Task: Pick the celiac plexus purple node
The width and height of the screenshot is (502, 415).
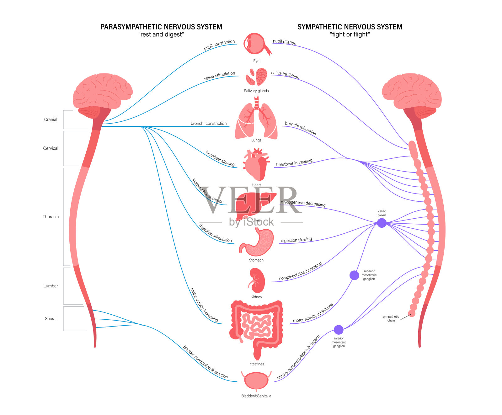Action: (382, 223)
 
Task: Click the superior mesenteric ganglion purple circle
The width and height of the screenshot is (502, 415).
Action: (354, 275)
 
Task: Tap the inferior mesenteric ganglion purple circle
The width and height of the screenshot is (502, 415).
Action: (339, 330)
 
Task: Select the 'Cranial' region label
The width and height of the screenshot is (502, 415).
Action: (51, 120)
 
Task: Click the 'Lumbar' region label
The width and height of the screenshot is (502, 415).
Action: (51, 286)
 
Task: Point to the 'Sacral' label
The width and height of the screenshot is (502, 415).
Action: (51, 319)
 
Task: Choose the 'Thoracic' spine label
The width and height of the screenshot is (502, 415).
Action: (51, 217)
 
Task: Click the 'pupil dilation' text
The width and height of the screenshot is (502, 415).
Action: (284, 42)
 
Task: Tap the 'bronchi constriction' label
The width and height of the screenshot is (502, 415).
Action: (209, 124)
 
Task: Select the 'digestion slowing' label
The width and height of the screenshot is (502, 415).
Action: (296, 240)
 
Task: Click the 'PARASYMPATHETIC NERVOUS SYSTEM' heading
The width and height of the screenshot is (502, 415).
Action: (161, 27)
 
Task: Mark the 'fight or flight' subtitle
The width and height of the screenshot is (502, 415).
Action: (350, 35)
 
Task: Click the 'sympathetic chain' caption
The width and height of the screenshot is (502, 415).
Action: (391, 318)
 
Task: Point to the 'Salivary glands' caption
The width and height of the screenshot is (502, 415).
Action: (256, 91)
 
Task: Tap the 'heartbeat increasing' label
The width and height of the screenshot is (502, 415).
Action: (294, 162)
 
